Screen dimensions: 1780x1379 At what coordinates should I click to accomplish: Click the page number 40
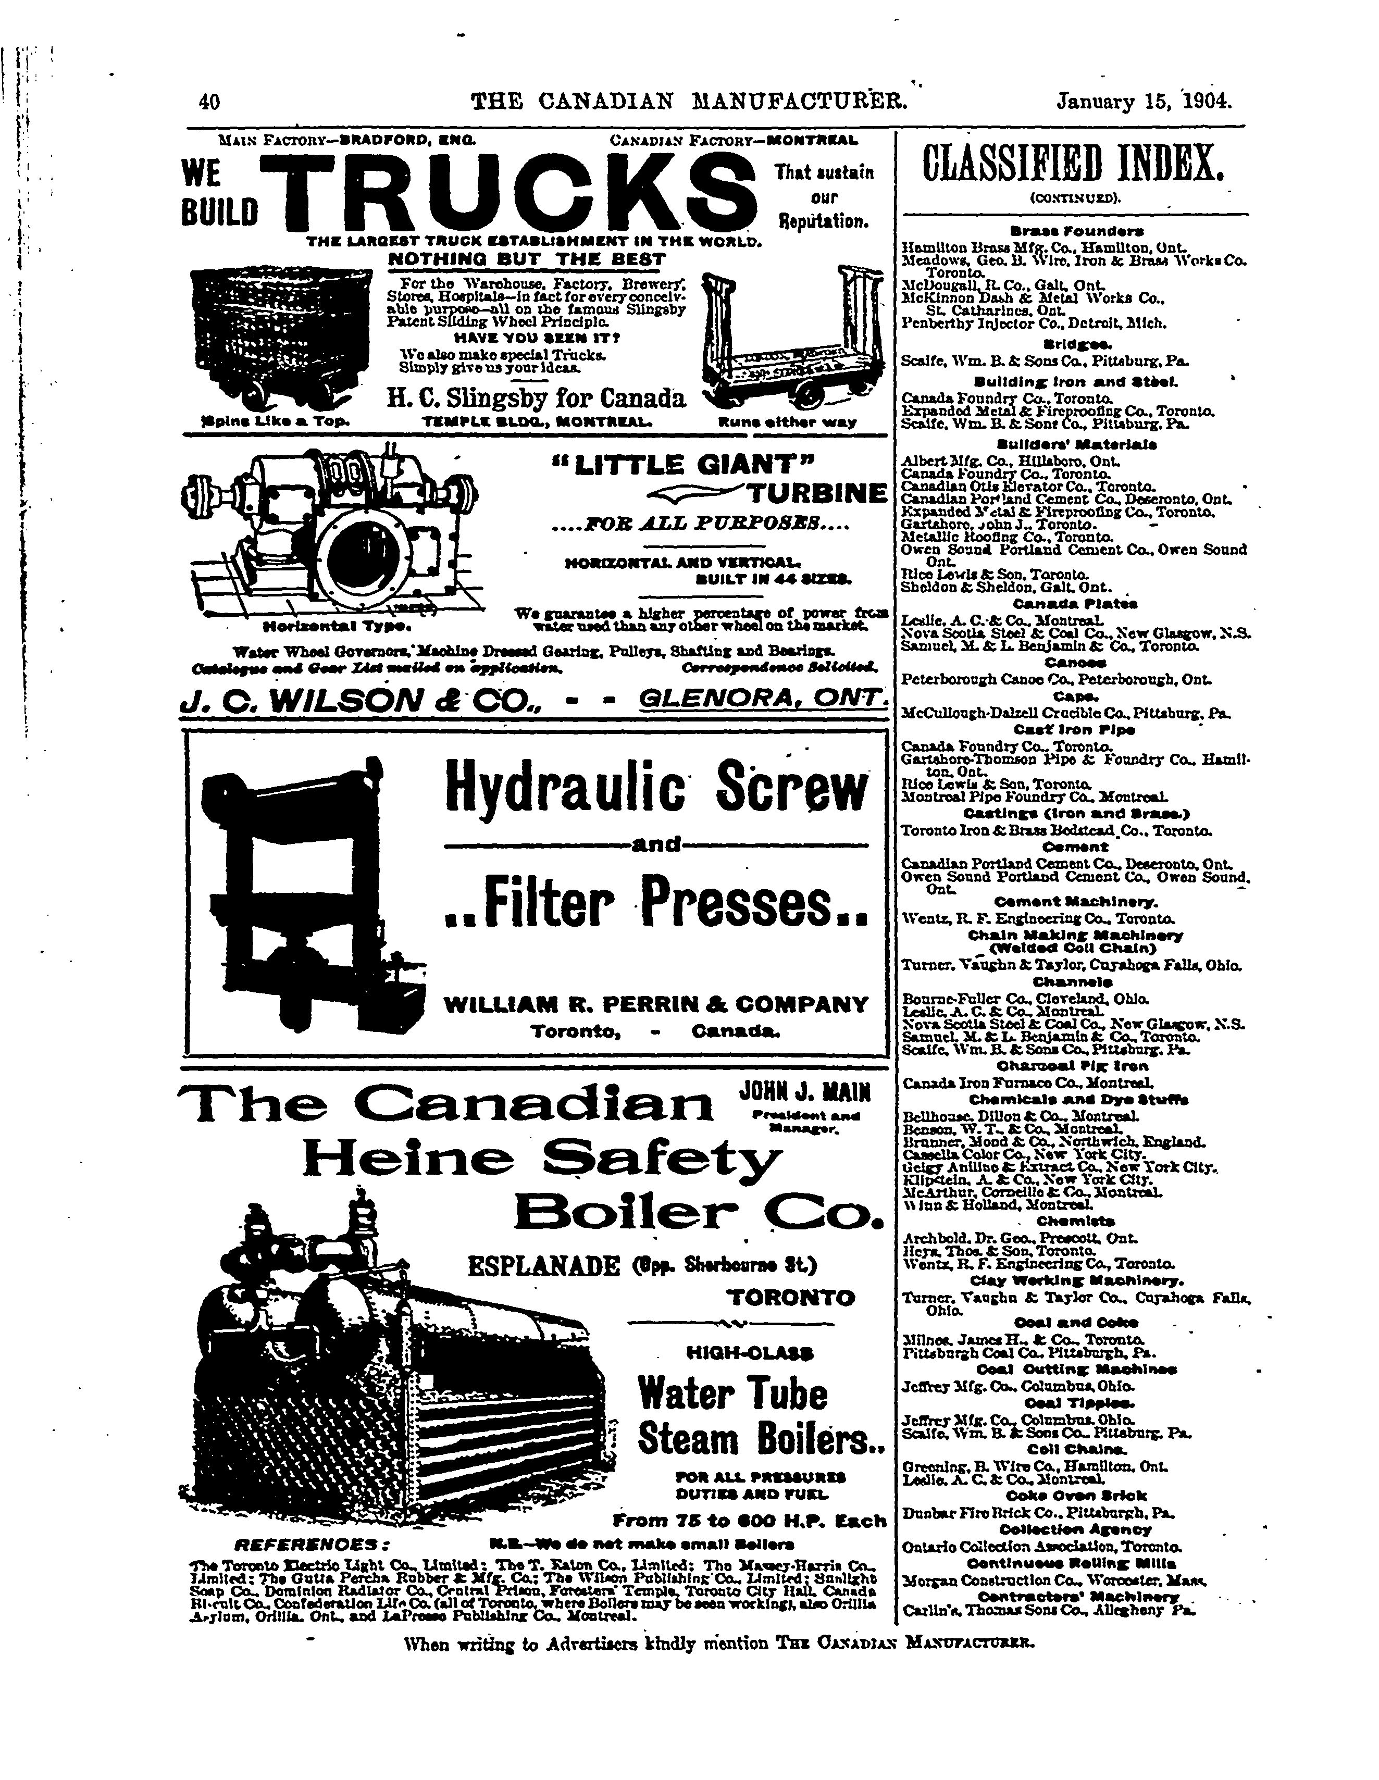tap(209, 102)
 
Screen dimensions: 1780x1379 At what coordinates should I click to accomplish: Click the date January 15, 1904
tap(1144, 102)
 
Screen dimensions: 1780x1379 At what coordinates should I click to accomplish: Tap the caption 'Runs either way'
tap(787, 422)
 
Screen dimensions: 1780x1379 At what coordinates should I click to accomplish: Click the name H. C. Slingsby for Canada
tap(536, 399)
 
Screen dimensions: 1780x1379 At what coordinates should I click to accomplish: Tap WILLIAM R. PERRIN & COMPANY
tap(655, 1004)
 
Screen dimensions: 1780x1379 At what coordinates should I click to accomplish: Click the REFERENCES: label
tap(313, 1545)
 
